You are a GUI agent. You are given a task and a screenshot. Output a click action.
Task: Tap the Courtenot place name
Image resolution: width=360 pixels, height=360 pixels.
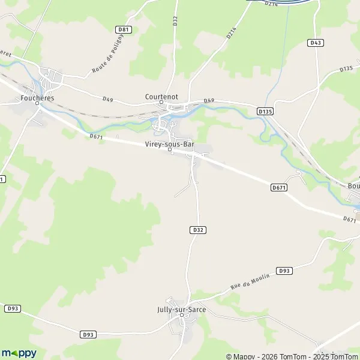(161, 95)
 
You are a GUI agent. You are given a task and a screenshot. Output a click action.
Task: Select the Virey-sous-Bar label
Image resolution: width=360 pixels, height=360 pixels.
(170, 144)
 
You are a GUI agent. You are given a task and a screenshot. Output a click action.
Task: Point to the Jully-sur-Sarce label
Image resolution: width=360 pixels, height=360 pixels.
(181, 310)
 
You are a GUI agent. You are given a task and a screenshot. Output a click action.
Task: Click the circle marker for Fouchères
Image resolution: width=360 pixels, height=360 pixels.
(37, 103)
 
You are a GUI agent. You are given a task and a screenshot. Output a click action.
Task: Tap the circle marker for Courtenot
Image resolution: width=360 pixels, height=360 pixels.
(161, 103)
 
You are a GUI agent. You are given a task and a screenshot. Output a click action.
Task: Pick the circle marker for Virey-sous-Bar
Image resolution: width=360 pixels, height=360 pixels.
(170, 150)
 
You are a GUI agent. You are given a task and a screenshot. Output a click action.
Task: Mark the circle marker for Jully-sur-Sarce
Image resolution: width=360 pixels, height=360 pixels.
(181, 316)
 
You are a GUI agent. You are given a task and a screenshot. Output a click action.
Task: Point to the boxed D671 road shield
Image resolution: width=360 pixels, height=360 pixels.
(278, 188)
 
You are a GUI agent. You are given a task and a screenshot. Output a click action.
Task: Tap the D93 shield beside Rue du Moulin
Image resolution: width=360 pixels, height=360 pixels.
(284, 271)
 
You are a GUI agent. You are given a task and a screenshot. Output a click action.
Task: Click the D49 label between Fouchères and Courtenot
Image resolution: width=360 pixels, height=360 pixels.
(107, 99)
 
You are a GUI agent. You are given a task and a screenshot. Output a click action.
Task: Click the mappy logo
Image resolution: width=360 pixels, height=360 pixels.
(19, 353)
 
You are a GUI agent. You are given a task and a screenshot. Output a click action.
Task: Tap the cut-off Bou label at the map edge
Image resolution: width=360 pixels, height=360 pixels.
(353, 185)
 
